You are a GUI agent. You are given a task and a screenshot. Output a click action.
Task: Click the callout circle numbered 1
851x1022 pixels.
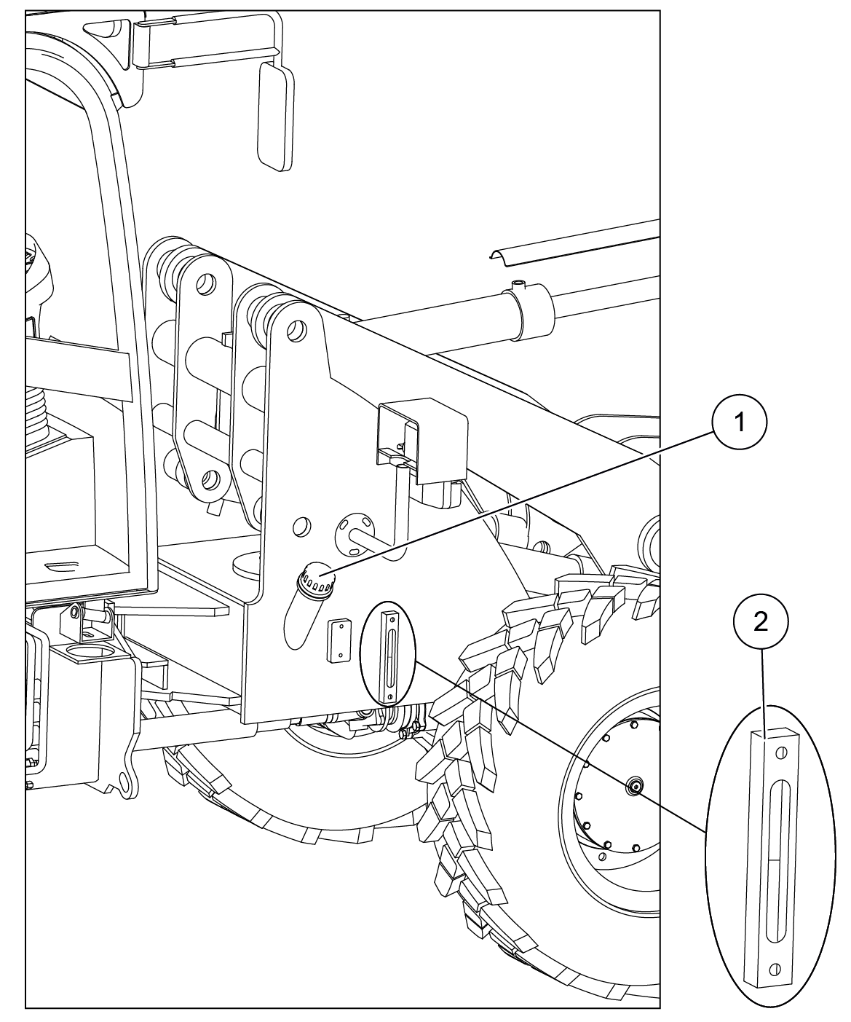point(740,422)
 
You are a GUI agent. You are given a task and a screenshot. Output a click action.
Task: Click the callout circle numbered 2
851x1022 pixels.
point(761,621)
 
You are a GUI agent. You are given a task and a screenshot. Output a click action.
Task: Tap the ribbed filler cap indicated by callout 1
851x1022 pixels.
point(317,581)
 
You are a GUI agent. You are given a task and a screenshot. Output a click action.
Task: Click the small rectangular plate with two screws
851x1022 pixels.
point(339,641)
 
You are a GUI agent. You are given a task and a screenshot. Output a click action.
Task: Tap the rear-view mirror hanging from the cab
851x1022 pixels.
point(277,117)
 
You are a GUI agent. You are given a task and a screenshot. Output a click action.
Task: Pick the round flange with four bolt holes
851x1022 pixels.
point(354,535)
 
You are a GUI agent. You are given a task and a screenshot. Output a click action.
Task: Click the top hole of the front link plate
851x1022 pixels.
point(206,284)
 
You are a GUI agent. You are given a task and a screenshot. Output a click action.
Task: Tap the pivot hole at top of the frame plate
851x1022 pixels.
point(297,331)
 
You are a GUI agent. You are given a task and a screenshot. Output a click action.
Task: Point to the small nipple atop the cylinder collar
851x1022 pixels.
point(518,284)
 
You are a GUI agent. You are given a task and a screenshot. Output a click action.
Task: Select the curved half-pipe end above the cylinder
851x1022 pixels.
point(501,258)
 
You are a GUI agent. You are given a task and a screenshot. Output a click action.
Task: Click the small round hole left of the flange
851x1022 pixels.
point(301,526)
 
